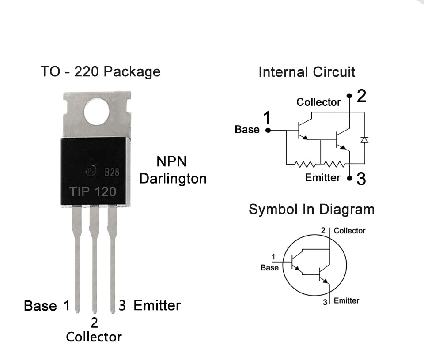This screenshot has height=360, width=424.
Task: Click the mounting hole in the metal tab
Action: click(x=96, y=112)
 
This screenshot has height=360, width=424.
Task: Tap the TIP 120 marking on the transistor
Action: click(x=93, y=191)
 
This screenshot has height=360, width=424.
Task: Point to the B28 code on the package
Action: click(x=112, y=172)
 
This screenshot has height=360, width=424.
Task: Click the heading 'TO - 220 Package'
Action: click(x=101, y=71)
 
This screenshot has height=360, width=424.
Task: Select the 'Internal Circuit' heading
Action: click(x=307, y=72)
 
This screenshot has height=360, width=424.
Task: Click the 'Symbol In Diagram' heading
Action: click(x=311, y=209)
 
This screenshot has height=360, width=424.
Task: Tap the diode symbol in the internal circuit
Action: click(x=364, y=140)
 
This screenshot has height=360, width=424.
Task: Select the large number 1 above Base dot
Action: click(x=267, y=118)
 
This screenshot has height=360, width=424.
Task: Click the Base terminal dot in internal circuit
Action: click(x=267, y=130)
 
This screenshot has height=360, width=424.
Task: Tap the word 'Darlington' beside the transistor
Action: click(x=173, y=179)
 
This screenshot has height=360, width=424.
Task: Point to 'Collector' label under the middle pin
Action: click(x=94, y=337)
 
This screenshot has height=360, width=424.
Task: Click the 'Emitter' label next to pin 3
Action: click(x=157, y=305)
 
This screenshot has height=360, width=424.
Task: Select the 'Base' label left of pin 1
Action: click(x=40, y=306)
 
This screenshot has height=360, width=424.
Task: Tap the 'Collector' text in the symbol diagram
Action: click(x=349, y=230)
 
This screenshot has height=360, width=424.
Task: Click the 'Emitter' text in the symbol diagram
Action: click(x=346, y=300)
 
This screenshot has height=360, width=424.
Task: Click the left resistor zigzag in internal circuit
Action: click(x=305, y=165)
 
